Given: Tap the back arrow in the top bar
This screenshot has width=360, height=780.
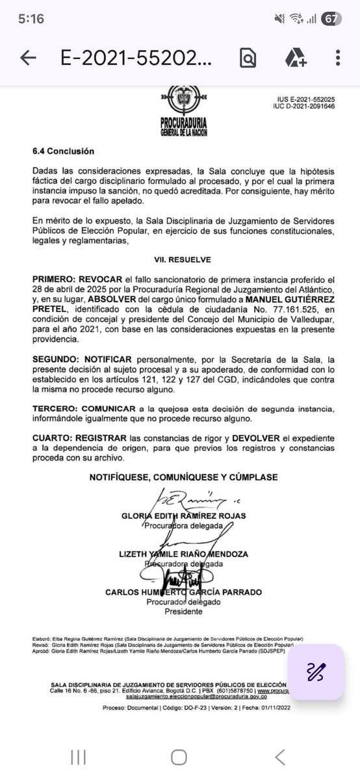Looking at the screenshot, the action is click(x=28, y=58).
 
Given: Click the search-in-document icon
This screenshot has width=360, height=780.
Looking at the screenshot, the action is click(x=248, y=58).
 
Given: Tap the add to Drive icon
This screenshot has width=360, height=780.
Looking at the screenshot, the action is click(x=296, y=58).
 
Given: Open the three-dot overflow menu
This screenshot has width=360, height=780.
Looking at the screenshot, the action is click(x=338, y=58).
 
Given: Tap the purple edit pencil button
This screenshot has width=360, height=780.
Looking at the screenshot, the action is click(x=316, y=671).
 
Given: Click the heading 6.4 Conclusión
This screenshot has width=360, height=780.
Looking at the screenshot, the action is click(x=63, y=151).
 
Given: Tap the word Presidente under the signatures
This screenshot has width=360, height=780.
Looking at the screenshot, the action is click(x=183, y=612).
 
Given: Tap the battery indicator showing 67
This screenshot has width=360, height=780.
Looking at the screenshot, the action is click(x=330, y=19).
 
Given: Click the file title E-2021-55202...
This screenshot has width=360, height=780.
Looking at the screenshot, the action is click(x=136, y=58).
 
